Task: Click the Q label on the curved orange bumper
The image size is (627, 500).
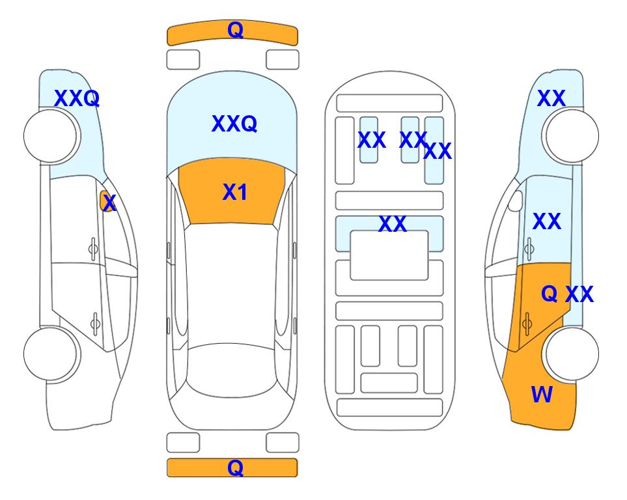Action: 235,30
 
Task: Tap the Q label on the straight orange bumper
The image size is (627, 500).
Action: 235,467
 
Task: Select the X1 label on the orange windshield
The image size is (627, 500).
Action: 235,192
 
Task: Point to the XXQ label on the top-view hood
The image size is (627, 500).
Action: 234,124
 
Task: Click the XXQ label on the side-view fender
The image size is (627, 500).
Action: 77,98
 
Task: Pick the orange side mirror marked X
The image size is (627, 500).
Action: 106,201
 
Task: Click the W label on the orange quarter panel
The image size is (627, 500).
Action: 542,395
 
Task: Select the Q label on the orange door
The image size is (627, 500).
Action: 549,294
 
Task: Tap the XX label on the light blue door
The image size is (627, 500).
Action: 547,221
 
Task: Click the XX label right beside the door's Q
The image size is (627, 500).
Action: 579,294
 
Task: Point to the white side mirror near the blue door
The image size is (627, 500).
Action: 516,201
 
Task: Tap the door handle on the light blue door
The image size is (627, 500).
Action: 529,249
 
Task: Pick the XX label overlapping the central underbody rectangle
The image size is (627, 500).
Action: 392,224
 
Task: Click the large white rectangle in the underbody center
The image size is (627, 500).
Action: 389,255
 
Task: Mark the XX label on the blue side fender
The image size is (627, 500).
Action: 551,98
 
